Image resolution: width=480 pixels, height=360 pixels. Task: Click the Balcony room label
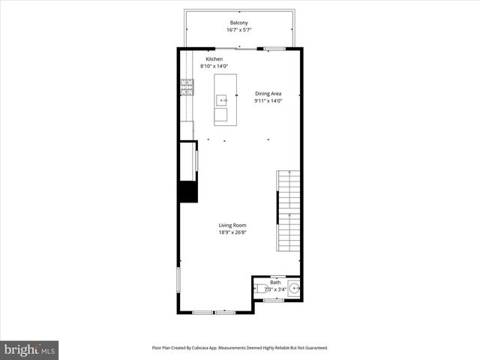pyautogui.click(x=239, y=23)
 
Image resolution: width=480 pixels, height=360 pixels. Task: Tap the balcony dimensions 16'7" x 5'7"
pyautogui.click(x=239, y=31)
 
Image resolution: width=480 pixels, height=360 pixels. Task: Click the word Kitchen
pyautogui.click(x=214, y=59)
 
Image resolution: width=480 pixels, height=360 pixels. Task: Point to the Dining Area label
pyautogui.click(x=268, y=94)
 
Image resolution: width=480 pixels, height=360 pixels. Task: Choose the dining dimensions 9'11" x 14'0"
pyautogui.click(x=268, y=101)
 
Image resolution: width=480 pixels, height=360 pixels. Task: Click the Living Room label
pyautogui.click(x=232, y=226)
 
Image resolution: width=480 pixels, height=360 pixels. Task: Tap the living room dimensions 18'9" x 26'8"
pyautogui.click(x=232, y=233)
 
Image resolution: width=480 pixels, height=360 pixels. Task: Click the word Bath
pyautogui.click(x=275, y=282)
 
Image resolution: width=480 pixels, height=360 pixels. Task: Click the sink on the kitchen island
pyautogui.click(x=222, y=99)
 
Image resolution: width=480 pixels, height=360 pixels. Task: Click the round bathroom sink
pyautogui.click(x=294, y=287)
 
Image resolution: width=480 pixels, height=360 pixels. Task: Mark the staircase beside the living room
pyautogui.click(x=288, y=211)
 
